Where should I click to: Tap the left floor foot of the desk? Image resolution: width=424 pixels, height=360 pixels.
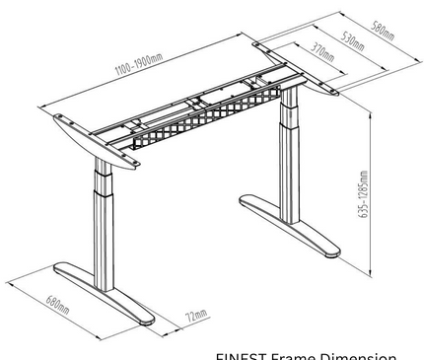pos(108,301)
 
